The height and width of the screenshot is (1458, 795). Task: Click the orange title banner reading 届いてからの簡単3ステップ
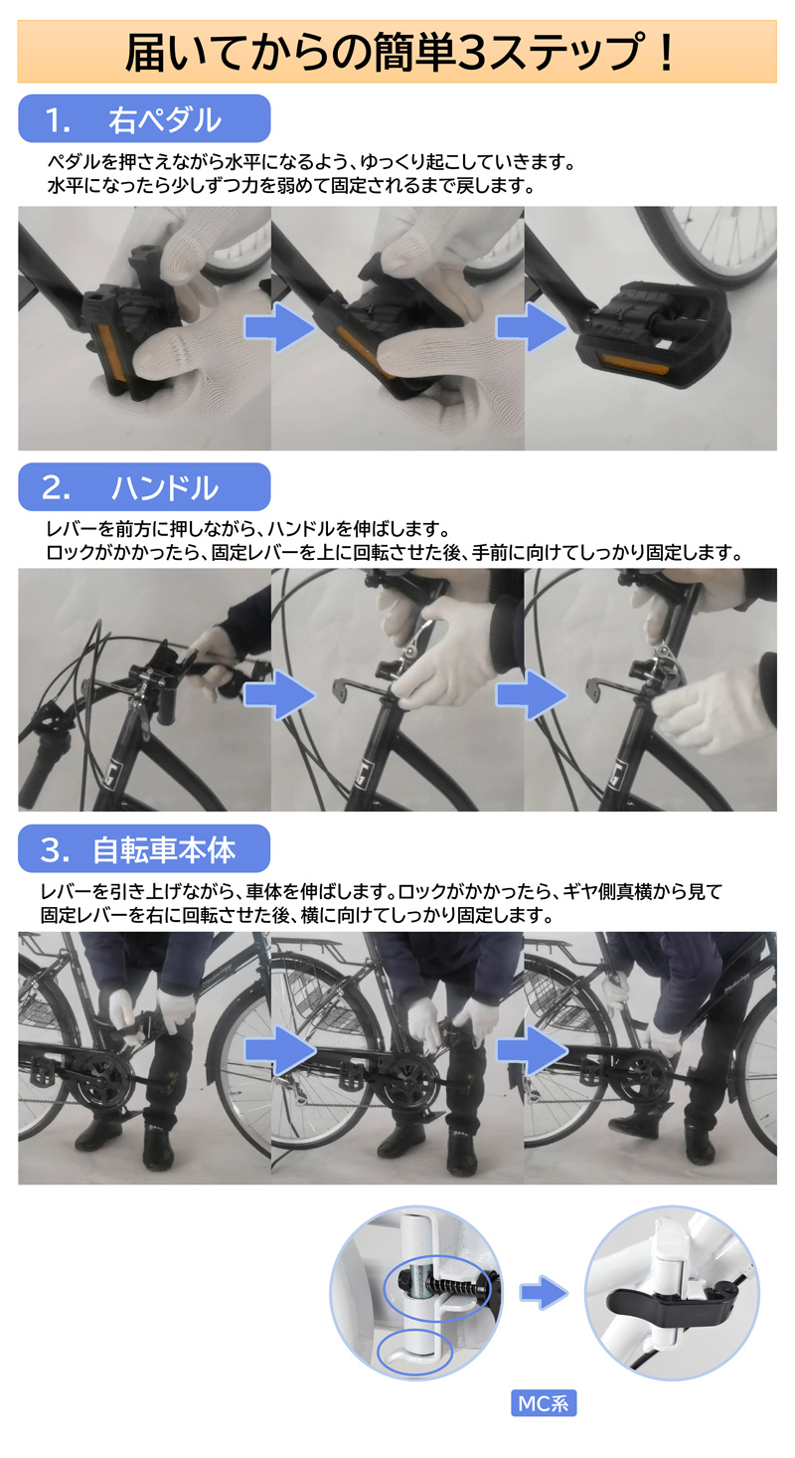tap(397, 52)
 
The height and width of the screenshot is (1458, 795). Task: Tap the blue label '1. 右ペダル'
tap(143, 119)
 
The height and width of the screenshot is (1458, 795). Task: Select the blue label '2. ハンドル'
tap(143, 487)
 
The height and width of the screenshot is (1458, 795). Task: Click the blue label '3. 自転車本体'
tap(143, 849)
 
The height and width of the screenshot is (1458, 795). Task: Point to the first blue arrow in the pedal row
tap(279, 328)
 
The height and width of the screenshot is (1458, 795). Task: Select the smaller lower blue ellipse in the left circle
tap(414, 1352)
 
